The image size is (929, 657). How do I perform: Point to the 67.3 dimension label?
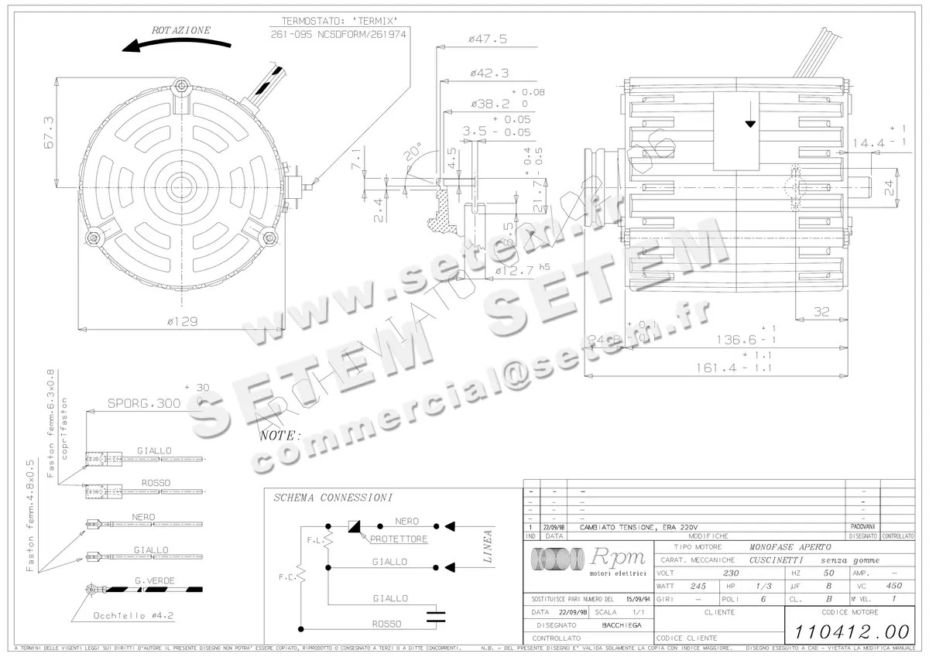pyautogui.click(x=48, y=132)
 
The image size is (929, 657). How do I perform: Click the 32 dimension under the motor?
pyautogui.click(x=822, y=312)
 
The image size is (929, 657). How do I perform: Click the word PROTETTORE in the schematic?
pyautogui.click(x=398, y=539)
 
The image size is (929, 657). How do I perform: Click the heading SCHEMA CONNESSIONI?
pyautogui.click(x=333, y=498)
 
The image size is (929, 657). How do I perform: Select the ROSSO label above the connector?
pyautogui.click(x=155, y=482)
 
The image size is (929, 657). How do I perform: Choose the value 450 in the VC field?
pyautogui.click(x=893, y=587)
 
